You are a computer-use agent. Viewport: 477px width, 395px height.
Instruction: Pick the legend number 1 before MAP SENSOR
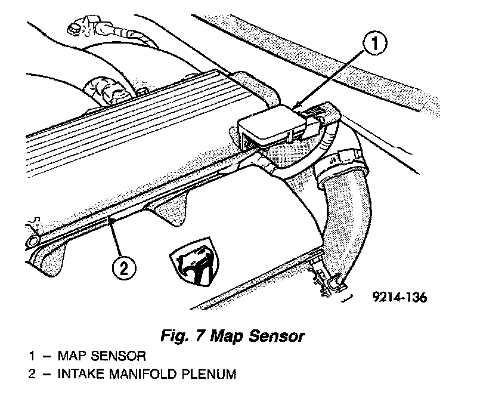(32, 356)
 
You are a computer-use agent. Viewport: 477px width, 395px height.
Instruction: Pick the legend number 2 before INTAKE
(32, 375)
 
